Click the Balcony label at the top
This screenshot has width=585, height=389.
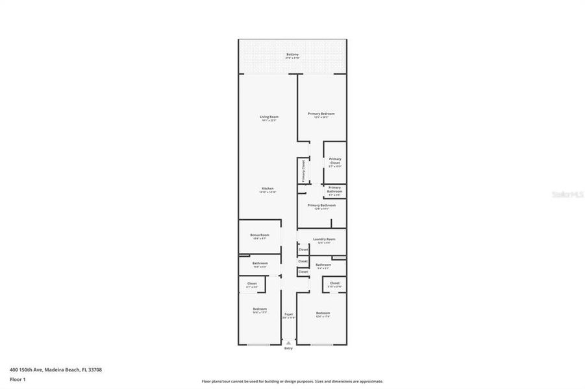point(292,54)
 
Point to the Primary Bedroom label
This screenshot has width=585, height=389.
point(321,113)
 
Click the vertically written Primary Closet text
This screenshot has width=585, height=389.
point(303,171)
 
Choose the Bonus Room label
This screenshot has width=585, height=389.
point(259,235)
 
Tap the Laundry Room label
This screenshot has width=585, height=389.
point(323,239)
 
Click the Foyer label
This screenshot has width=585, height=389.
point(289,313)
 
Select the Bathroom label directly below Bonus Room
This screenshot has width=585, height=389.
point(260,263)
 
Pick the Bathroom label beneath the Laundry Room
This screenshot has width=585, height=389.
point(323,265)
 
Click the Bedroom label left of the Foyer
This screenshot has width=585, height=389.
point(259,309)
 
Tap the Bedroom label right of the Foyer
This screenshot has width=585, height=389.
point(323,313)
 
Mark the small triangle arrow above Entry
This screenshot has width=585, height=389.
point(288,342)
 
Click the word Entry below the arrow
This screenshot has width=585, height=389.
point(288,349)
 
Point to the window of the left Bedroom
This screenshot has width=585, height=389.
point(258,344)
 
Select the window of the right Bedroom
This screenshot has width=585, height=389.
point(321,344)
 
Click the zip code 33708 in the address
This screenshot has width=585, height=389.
point(95,370)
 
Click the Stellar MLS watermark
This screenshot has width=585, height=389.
point(567,193)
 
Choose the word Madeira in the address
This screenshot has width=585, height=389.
point(53,370)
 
